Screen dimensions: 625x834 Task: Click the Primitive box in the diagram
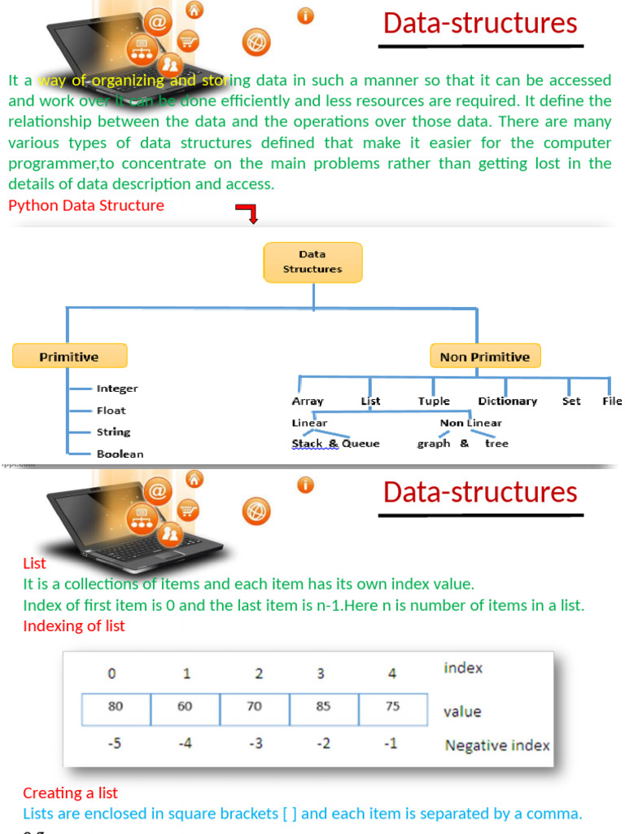point(69,356)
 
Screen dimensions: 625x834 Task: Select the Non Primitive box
point(484,356)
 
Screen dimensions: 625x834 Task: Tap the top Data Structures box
point(312,261)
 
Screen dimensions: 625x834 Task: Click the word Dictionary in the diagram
point(507,401)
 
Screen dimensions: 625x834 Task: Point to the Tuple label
point(434,401)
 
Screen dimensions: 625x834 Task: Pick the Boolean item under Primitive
point(120,454)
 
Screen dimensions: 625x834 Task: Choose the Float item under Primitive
point(111,410)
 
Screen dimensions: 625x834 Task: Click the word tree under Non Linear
point(496,443)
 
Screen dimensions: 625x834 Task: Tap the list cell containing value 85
point(324,707)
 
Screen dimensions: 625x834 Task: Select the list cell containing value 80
point(116,707)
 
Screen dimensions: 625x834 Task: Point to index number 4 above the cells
point(392,674)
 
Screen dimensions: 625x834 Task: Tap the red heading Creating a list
point(70,792)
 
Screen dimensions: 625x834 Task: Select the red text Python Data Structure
point(85,205)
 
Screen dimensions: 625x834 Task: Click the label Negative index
point(496,745)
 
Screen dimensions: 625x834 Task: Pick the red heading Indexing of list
point(74,625)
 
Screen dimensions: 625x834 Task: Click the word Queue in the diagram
point(361,443)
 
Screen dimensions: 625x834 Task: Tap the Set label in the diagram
point(571,401)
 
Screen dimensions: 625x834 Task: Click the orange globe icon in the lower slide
point(256,511)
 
